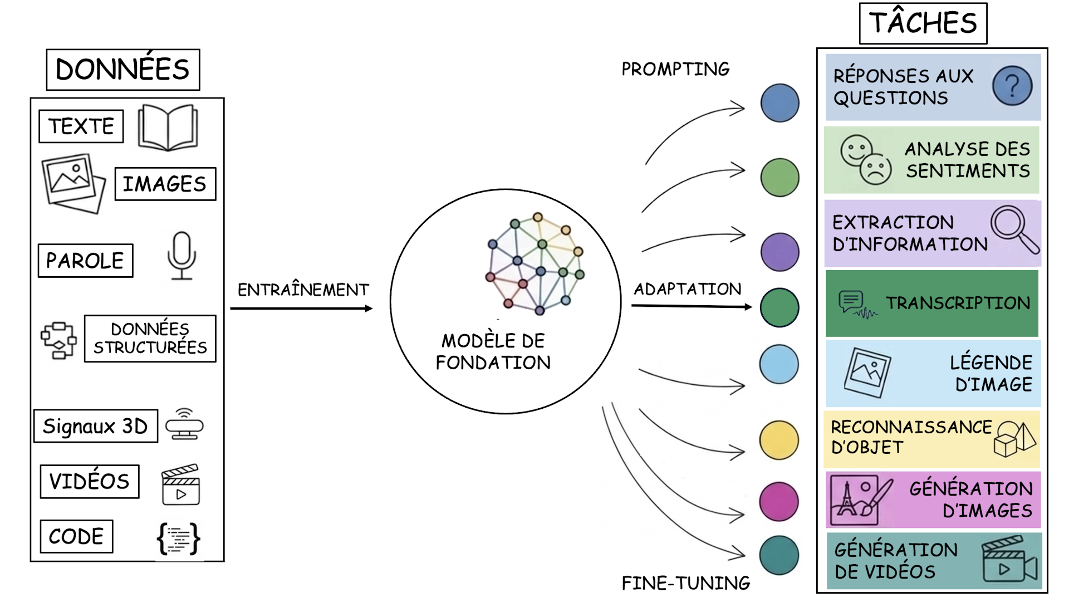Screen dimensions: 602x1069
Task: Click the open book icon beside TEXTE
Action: click(x=168, y=128)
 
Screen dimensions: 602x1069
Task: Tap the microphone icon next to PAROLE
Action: click(x=182, y=256)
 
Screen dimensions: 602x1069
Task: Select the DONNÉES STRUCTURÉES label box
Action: click(x=150, y=339)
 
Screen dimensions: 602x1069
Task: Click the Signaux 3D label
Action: click(x=96, y=427)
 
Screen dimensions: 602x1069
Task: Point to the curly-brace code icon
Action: click(x=178, y=538)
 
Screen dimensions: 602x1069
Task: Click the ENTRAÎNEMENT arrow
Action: click(x=301, y=309)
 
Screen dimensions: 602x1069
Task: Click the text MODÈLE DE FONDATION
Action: click(x=493, y=351)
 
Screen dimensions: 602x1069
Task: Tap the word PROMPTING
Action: click(x=675, y=69)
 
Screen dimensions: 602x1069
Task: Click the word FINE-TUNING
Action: click(x=686, y=583)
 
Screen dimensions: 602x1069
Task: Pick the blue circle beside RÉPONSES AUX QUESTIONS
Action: click(x=779, y=103)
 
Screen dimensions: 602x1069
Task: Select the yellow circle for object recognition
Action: click(x=779, y=440)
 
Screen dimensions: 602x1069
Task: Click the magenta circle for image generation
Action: click(x=779, y=502)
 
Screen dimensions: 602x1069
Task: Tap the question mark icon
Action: click(x=1012, y=86)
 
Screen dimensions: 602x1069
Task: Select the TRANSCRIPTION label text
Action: click(x=958, y=303)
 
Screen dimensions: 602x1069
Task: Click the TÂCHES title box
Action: click(x=923, y=23)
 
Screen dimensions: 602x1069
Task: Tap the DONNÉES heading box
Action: click(x=123, y=70)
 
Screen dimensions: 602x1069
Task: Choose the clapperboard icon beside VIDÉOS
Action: click(x=180, y=484)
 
